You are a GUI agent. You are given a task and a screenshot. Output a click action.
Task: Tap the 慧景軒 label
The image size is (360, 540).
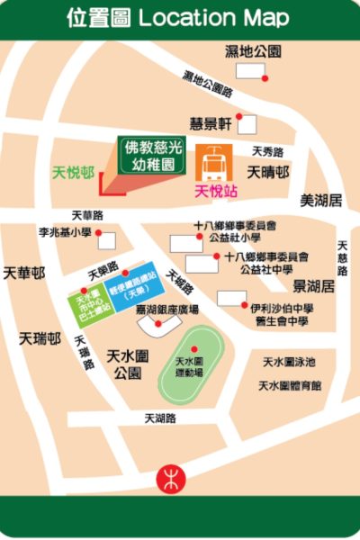pyautogui.click(x=211, y=122)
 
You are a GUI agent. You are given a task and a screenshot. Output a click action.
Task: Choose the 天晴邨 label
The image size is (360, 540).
pyautogui.click(x=269, y=171)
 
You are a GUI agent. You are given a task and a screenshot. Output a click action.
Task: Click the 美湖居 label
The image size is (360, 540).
pyautogui.click(x=321, y=200)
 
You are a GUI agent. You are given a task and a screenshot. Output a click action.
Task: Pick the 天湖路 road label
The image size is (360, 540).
pyautogui.click(x=160, y=418)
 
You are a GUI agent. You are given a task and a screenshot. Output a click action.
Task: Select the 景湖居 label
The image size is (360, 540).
pyautogui.click(x=314, y=286)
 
